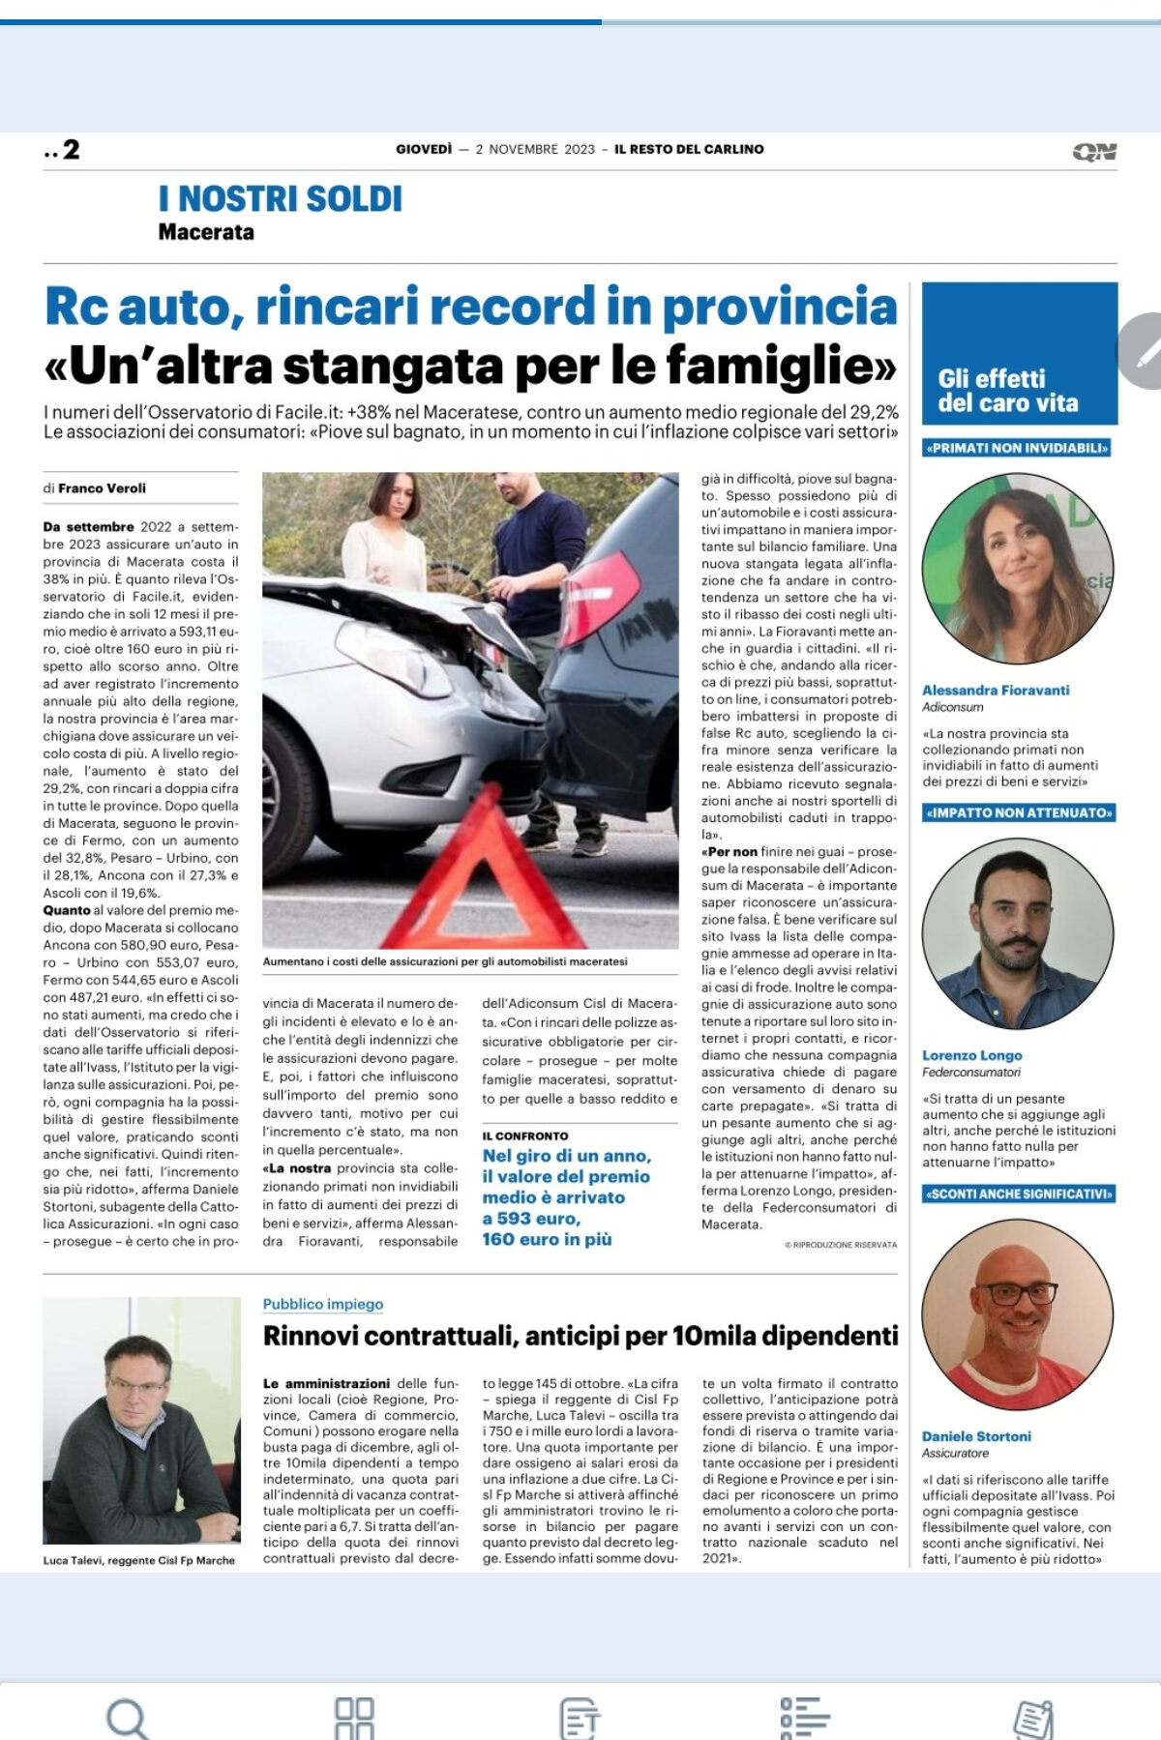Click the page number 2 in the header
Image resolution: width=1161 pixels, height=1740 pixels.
(71, 150)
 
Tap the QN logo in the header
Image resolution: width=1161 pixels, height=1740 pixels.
(1094, 152)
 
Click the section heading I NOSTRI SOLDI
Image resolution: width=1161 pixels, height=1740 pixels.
(281, 199)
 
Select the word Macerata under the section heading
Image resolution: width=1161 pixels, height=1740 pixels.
(206, 232)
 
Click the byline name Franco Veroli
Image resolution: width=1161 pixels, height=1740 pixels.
(102, 488)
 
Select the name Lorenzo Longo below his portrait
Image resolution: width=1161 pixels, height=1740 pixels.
(971, 1055)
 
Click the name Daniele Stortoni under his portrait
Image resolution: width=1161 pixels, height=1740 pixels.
(976, 1436)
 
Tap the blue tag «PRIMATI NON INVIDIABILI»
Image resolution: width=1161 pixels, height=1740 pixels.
(1017, 448)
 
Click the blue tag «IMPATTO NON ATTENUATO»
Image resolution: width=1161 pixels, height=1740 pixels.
(1019, 812)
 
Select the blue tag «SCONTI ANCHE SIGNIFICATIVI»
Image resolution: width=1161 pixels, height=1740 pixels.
(1019, 1194)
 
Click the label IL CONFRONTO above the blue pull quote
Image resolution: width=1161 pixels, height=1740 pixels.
(525, 1135)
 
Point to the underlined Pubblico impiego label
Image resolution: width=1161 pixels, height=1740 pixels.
(323, 1304)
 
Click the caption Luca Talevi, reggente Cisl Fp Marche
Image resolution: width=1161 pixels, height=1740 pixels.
(139, 1560)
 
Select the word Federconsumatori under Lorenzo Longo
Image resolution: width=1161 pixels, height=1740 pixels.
(971, 1072)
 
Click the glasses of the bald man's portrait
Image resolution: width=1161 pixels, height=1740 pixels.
(1015, 1293)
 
